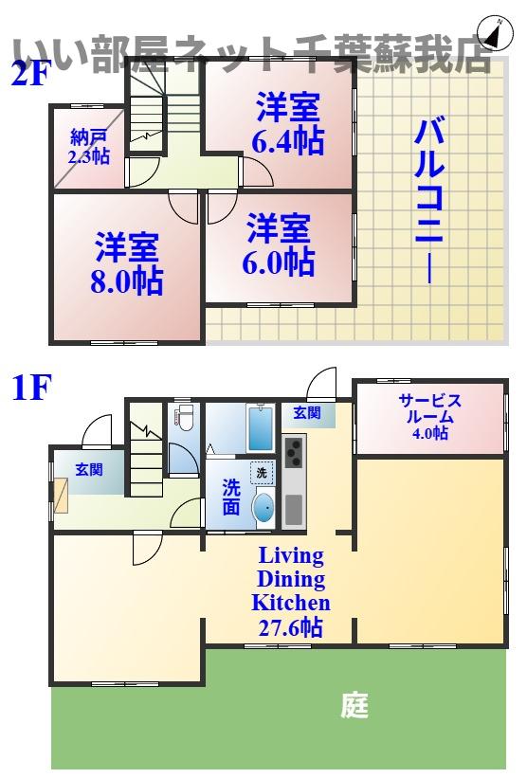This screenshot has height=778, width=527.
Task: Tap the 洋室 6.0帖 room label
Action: [280, 244]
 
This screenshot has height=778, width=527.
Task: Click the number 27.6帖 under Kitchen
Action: [290, 626]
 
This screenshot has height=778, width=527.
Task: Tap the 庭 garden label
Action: [354, 705]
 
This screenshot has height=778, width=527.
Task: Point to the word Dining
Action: [290, 579]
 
